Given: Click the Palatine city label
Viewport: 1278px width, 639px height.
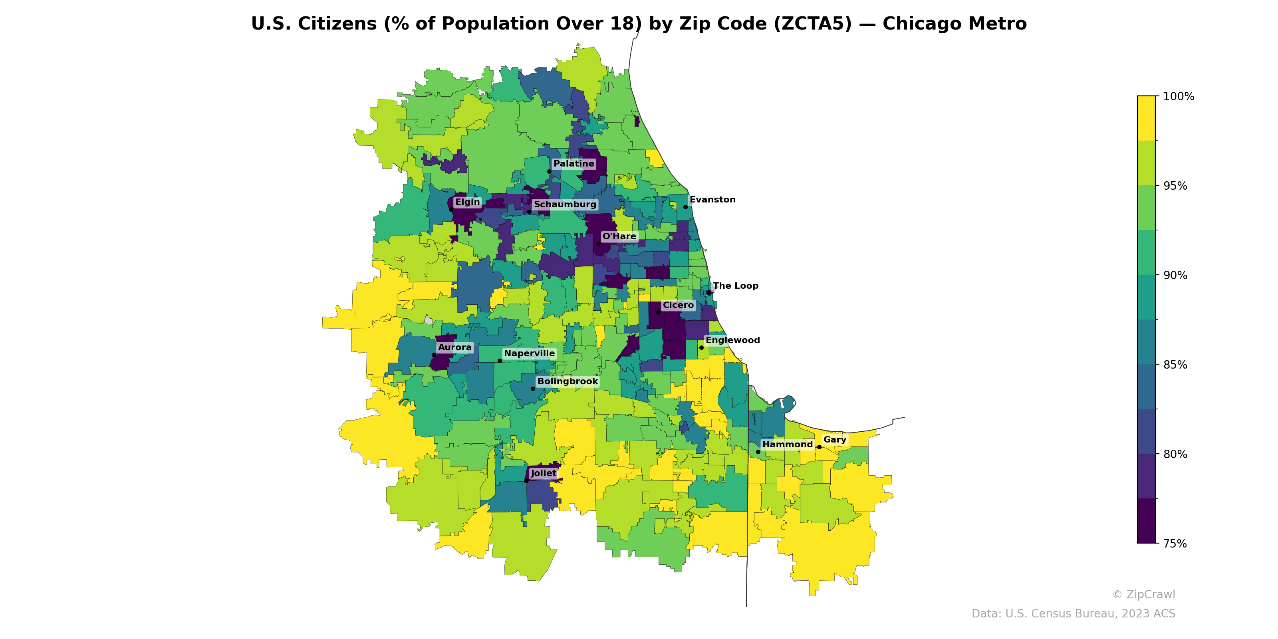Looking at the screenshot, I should click(574, 164).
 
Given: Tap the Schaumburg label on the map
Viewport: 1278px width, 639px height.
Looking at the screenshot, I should click(565, 204).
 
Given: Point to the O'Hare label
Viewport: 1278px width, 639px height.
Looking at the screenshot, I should click(619, 236).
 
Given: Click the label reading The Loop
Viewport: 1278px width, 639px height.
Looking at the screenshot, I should click(735, 286).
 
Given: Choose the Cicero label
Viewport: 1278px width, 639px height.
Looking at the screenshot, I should click(678, 305).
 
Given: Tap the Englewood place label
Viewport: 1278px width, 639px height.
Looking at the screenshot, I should click(732, 340).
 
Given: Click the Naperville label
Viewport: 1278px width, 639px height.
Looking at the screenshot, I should click(529, 353).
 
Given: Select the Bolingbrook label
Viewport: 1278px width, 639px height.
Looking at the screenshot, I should click(568, 381).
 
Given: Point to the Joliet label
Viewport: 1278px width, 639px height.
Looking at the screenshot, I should click(543, 473).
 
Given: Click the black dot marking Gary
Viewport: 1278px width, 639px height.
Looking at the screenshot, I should click(819, 447).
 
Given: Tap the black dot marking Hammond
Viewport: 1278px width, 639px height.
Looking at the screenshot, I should click(758, 451).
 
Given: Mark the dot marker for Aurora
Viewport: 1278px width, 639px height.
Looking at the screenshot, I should click(434, 355).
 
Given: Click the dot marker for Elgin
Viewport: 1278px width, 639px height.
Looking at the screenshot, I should click(451, 209).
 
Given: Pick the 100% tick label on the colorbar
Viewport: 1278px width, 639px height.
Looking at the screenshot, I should click(1178, 96).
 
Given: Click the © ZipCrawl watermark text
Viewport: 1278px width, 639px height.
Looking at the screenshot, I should click(1143, 594).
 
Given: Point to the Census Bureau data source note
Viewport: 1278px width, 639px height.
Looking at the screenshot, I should click(1073, 614).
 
